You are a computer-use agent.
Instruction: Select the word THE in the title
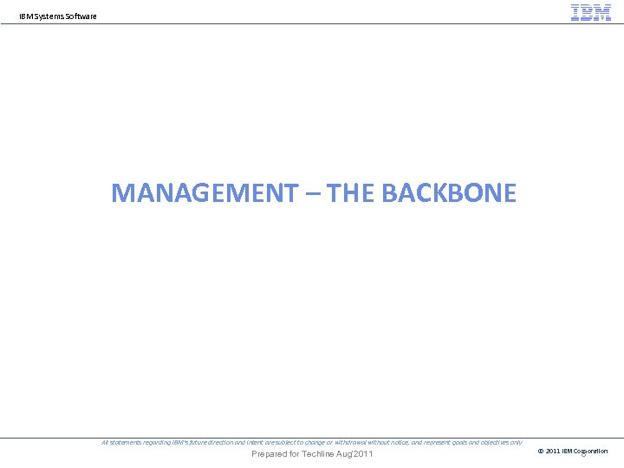(x=351, y=192)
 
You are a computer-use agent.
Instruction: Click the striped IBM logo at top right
(x=591, y=12)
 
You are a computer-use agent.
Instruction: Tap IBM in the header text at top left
(x=25, y=16)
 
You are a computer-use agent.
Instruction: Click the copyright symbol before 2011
(x=542, y=451)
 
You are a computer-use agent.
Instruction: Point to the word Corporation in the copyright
(x=590, y=451)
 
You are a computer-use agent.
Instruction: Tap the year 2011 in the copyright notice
(x=553, y=451)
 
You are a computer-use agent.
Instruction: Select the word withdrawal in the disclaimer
(x=354, y=442)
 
